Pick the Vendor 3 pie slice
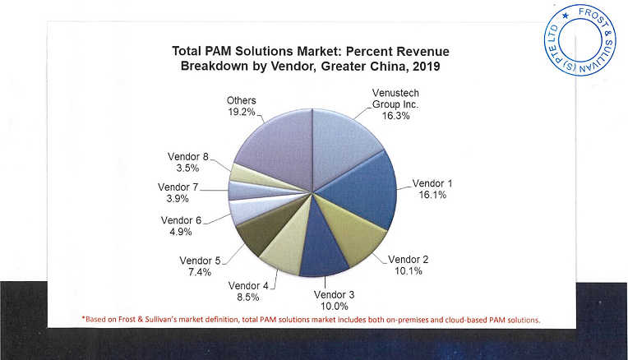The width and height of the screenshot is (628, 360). click(x=316, y=250)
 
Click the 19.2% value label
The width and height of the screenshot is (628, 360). click(x=241, y=112)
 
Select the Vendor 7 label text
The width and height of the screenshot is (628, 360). click(x=178, y=187)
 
